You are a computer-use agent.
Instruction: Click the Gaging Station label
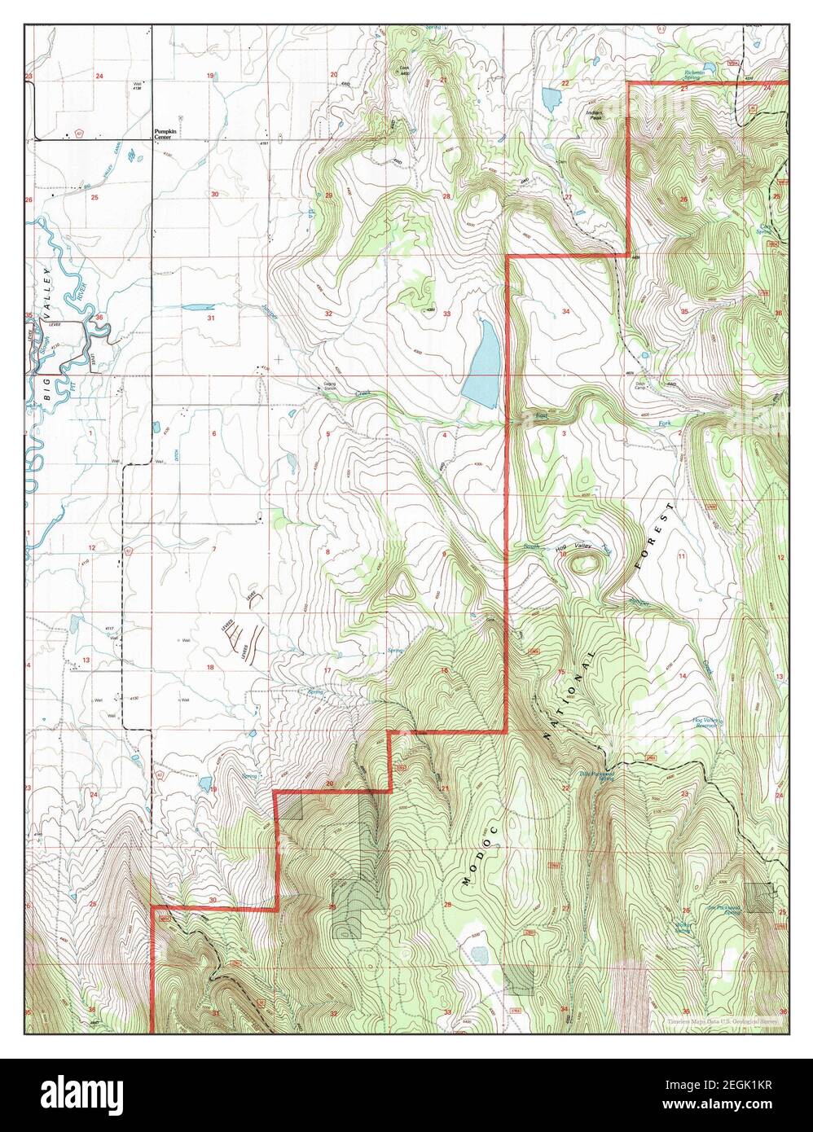point(327,389)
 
